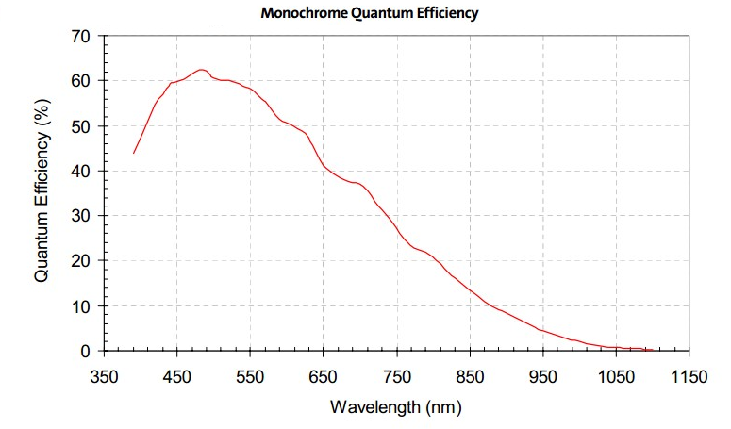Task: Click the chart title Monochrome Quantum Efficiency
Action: pyautogui.click(x=370, y=14)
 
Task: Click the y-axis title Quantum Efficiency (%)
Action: pyautogui.click(x=41, y=193)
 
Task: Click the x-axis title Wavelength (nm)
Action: pyautogui.click(x=396, y=407)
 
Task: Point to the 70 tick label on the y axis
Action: pyautogui.click(x=80, y=37)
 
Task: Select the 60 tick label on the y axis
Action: pyautogui.click(x=80, y=81)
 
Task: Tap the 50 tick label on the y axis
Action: pyautogui.click(x=80, y=126)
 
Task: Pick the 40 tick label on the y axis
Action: pyautogui.click(x=80, y=171)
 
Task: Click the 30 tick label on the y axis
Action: pyautogui.click(x=80, y=216)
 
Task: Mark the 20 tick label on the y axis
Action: pyautogui.click(x=80, y=260)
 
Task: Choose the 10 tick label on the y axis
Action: pyautogui.click(x=80, y=306)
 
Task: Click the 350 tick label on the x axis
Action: pyautogui.click(x=104, y=377)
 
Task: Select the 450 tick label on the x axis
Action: pyautogui.click(x=177, y=377)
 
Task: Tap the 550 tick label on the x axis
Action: pyautogui.click(x=250, y=377)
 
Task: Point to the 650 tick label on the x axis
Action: pyautogui.click(x=324, y=377)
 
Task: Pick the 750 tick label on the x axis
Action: pyautogui.click(x=397, y=377)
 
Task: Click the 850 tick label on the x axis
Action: pyautogui.click(x=470, y=377)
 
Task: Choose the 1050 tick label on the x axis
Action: pyautogui.click(x=616, y=377)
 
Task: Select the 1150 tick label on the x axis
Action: pyautogui.click(x=689, y=377)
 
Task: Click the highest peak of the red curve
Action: pyautogui.click(x=200, y=70)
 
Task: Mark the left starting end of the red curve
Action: pyautogui.click(x=134, y=153)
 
